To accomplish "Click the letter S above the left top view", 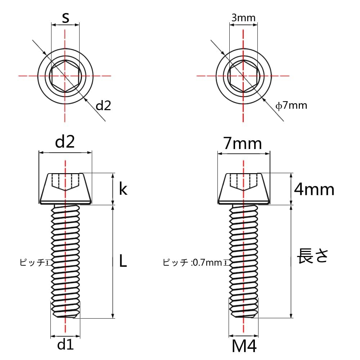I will tap(65, 18).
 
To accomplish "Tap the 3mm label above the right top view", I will tap(243, 18).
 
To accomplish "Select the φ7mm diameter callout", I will tap(291, 105).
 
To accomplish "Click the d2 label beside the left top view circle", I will tap(103, 105).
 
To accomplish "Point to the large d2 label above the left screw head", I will tap(65, 143).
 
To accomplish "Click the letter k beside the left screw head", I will tap(123, 189).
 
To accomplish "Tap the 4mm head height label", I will tap(314, 189).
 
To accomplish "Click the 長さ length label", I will tap(312, 256).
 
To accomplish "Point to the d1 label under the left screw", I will tap(65, 345).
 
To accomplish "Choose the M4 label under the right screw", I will tap(244, 347).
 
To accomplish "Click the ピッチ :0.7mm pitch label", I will tap(192, 262).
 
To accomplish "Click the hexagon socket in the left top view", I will tap(65, 76).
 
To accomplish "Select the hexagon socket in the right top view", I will tap(244, 76).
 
